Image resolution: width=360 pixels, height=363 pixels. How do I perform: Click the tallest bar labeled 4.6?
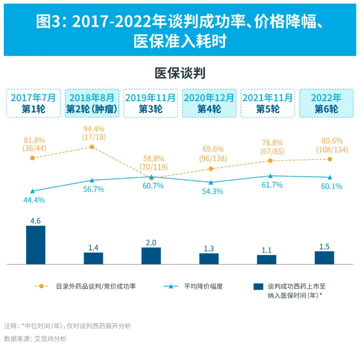[36, 245]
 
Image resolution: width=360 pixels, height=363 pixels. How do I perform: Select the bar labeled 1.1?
[267, 260]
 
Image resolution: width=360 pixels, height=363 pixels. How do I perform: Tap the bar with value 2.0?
[151, 256]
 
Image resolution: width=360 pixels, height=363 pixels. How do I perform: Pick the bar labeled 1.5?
[324, 258]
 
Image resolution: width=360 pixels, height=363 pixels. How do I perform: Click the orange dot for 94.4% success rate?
[92, 147]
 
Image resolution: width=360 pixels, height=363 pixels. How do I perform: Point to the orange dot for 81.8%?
[32, 158]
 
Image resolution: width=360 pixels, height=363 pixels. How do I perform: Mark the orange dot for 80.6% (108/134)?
[330, 159]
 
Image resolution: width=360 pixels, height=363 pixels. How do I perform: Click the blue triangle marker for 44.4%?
[32, 191]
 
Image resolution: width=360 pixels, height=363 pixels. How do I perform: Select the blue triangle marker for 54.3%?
[211, 182]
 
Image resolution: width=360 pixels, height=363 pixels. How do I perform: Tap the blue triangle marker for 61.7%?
[270, 176]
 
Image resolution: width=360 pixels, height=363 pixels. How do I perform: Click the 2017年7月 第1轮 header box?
[33, 103]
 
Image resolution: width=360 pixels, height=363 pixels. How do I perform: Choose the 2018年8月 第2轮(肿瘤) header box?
[92, 103]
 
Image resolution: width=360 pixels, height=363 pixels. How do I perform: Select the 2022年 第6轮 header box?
[326, 103]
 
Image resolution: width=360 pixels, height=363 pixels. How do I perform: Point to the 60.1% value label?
[331, 186]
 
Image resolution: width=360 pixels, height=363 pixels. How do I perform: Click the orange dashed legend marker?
[41, 286]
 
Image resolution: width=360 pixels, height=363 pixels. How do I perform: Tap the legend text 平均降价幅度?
[203, 286]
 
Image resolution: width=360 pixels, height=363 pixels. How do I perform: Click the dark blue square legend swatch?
[258, 286]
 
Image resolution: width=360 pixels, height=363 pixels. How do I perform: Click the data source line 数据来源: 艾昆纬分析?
[35, 339]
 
